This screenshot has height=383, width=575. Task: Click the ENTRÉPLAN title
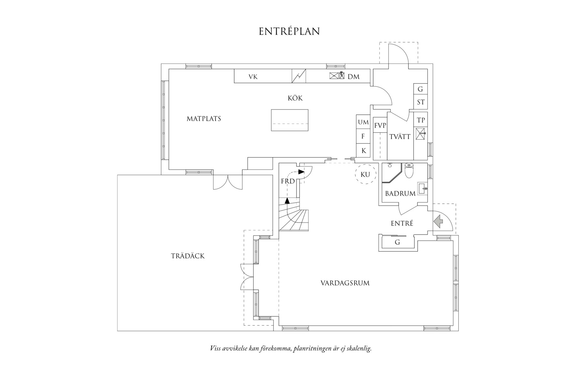289,31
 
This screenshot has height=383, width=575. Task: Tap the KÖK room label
295,98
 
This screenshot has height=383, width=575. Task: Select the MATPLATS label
204,119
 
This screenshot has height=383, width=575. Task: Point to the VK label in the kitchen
253,77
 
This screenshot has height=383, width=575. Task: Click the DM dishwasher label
354,77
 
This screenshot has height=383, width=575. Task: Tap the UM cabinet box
363,122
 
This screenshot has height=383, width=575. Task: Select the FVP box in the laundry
380,125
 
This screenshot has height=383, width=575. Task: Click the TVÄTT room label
400,137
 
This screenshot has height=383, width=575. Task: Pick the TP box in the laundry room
421,120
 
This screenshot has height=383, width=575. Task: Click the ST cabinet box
421,102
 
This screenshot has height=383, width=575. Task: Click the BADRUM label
400,194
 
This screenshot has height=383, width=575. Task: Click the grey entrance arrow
438,222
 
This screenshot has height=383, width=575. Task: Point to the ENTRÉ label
402,223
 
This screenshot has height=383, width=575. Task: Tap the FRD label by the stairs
288,181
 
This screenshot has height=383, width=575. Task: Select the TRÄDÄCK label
188,256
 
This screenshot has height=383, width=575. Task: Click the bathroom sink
423,188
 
